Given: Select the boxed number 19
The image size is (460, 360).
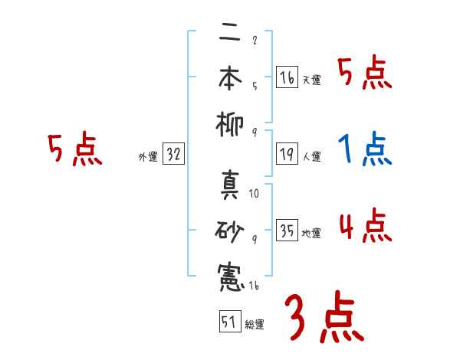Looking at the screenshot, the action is tap(287, 154).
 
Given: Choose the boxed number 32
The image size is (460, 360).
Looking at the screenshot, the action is tap(173, 154).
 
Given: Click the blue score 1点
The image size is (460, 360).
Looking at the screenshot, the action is tap(365, 150).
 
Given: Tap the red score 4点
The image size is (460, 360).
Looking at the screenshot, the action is tap(365, 227).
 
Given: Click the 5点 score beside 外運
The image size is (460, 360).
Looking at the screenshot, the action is tap(74, 150).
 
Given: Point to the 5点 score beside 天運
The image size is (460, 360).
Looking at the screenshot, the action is tap(365, 74).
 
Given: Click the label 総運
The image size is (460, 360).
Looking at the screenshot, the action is tap(255, 325).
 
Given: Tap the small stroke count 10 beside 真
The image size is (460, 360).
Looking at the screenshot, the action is tap(254, 194).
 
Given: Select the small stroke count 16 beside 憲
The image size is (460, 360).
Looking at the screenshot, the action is tap(254, 286).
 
